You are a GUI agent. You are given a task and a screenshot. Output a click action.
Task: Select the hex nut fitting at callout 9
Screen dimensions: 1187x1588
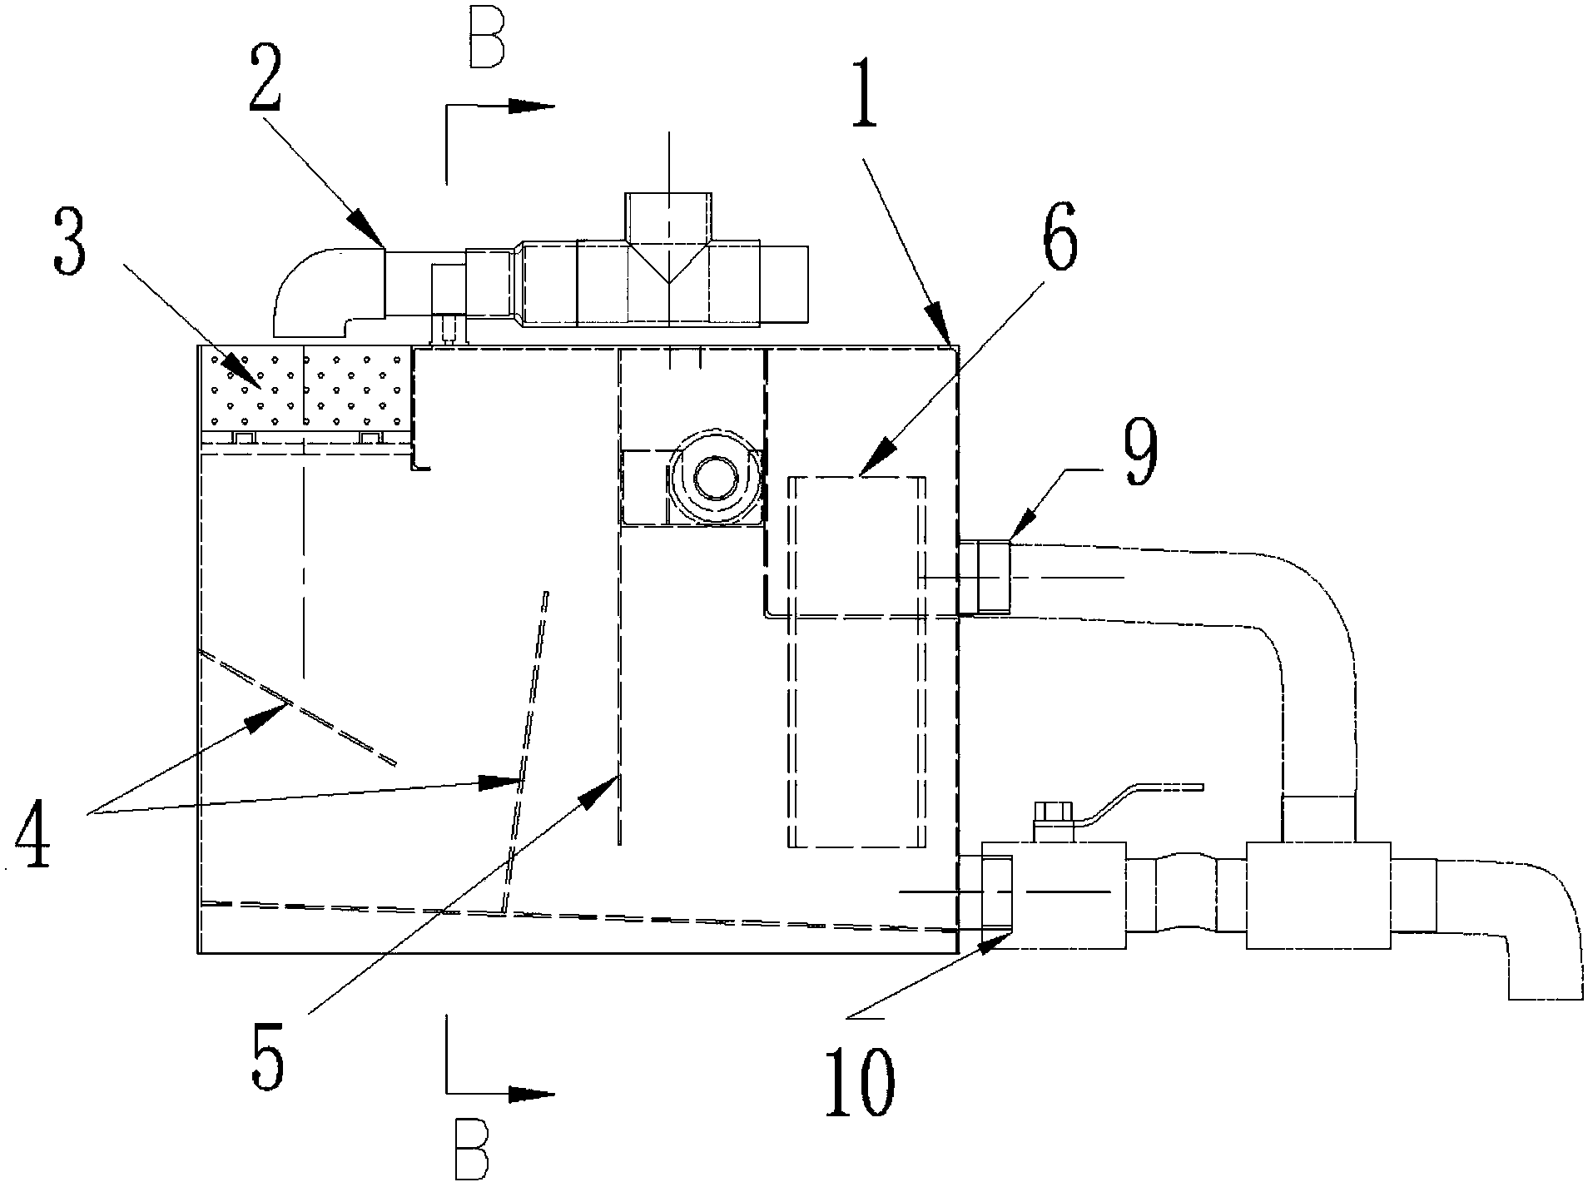pyautogui.click(x=985, y=577)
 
